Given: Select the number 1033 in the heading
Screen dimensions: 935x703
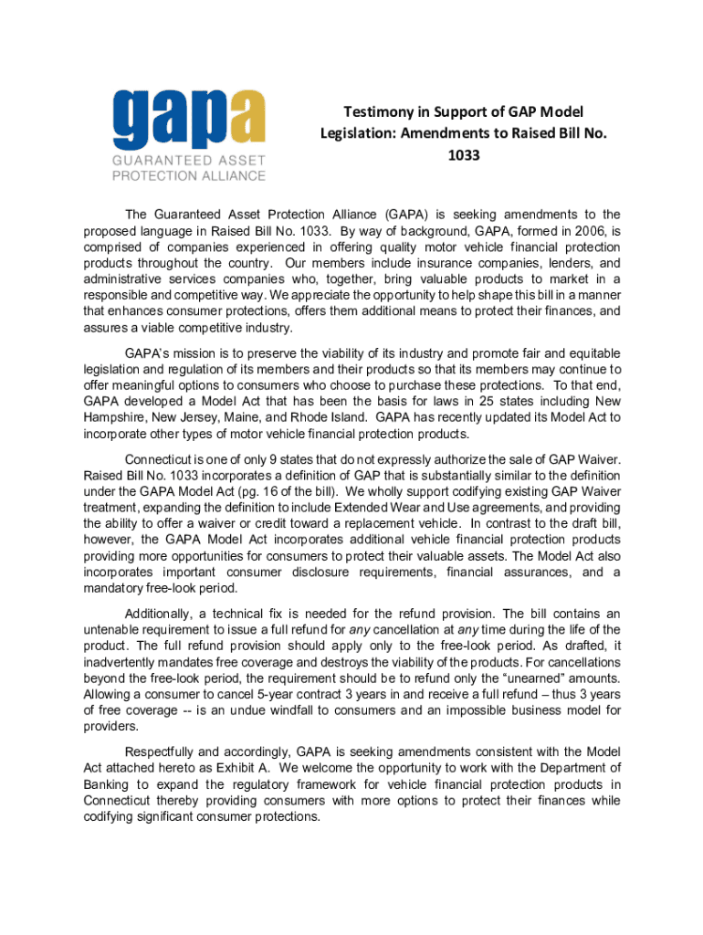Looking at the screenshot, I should point(463,155).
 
